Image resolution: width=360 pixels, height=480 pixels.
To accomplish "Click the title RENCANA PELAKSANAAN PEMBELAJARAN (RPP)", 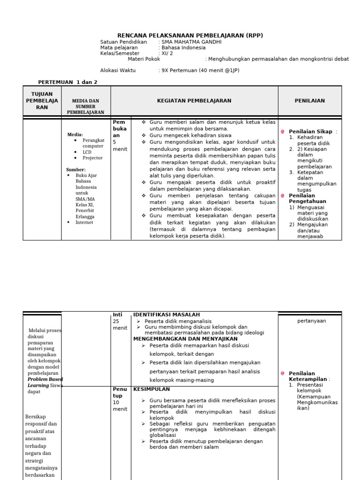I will pyautogui.click(x=190, y=35).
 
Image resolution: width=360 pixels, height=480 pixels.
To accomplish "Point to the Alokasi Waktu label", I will pyautogui.click(x=118, y=70).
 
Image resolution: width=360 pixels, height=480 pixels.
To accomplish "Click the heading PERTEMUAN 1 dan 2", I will pyautogui.click(x=67, y=82).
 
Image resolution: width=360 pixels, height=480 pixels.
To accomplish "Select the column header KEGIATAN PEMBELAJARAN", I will pyautogui.click(x=194, y=101).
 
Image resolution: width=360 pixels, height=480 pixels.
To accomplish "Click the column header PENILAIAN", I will pyautogui.click(x=309, y=101).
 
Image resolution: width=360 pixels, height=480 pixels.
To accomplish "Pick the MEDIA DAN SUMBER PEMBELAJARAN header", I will pyautogui.click(x=86, y=106).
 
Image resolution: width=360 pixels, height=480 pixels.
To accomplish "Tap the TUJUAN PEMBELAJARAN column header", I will pyautogui.click(x=42, y=101).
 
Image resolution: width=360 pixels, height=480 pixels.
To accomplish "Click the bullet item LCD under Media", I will pyautogui.click(x=88, y=152).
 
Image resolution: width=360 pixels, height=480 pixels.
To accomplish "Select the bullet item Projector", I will pyautogui.click(x=92, y=158).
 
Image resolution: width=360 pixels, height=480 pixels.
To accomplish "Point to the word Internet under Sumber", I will pyautogui.click(x=84, y=223).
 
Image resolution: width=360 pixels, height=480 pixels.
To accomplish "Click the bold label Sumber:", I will pyautogui.click(x=76, y=170).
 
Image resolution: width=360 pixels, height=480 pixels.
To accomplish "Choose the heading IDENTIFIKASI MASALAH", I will pyautogui.click(x=166, y=315).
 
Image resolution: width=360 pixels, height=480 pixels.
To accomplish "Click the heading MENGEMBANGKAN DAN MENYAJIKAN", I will pyautogui.click(x=185, y=338).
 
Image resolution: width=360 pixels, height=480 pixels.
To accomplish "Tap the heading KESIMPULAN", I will pyautogui.click(x=151, y=389).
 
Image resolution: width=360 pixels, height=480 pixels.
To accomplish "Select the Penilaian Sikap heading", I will pyautogui.click(x=311, y=132).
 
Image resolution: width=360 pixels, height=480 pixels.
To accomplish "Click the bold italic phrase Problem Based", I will pyautogui.click(x=45, y=379).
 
